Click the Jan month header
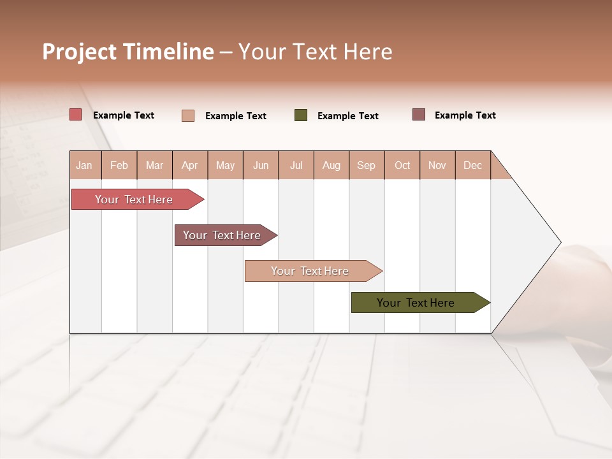(85, 165)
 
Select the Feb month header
(119, 165)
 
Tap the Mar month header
(154, 165)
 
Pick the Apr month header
(190, 165)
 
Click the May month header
(225, 165)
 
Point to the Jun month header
(261, 165)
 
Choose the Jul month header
(296, 165)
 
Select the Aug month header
(331, 165)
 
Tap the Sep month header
(367, 165)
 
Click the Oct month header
(402, 165)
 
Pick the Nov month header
(437, 165)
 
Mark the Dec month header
(473, 165)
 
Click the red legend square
(76, 115)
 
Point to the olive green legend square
(301, 115)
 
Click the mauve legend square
(419, 115)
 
